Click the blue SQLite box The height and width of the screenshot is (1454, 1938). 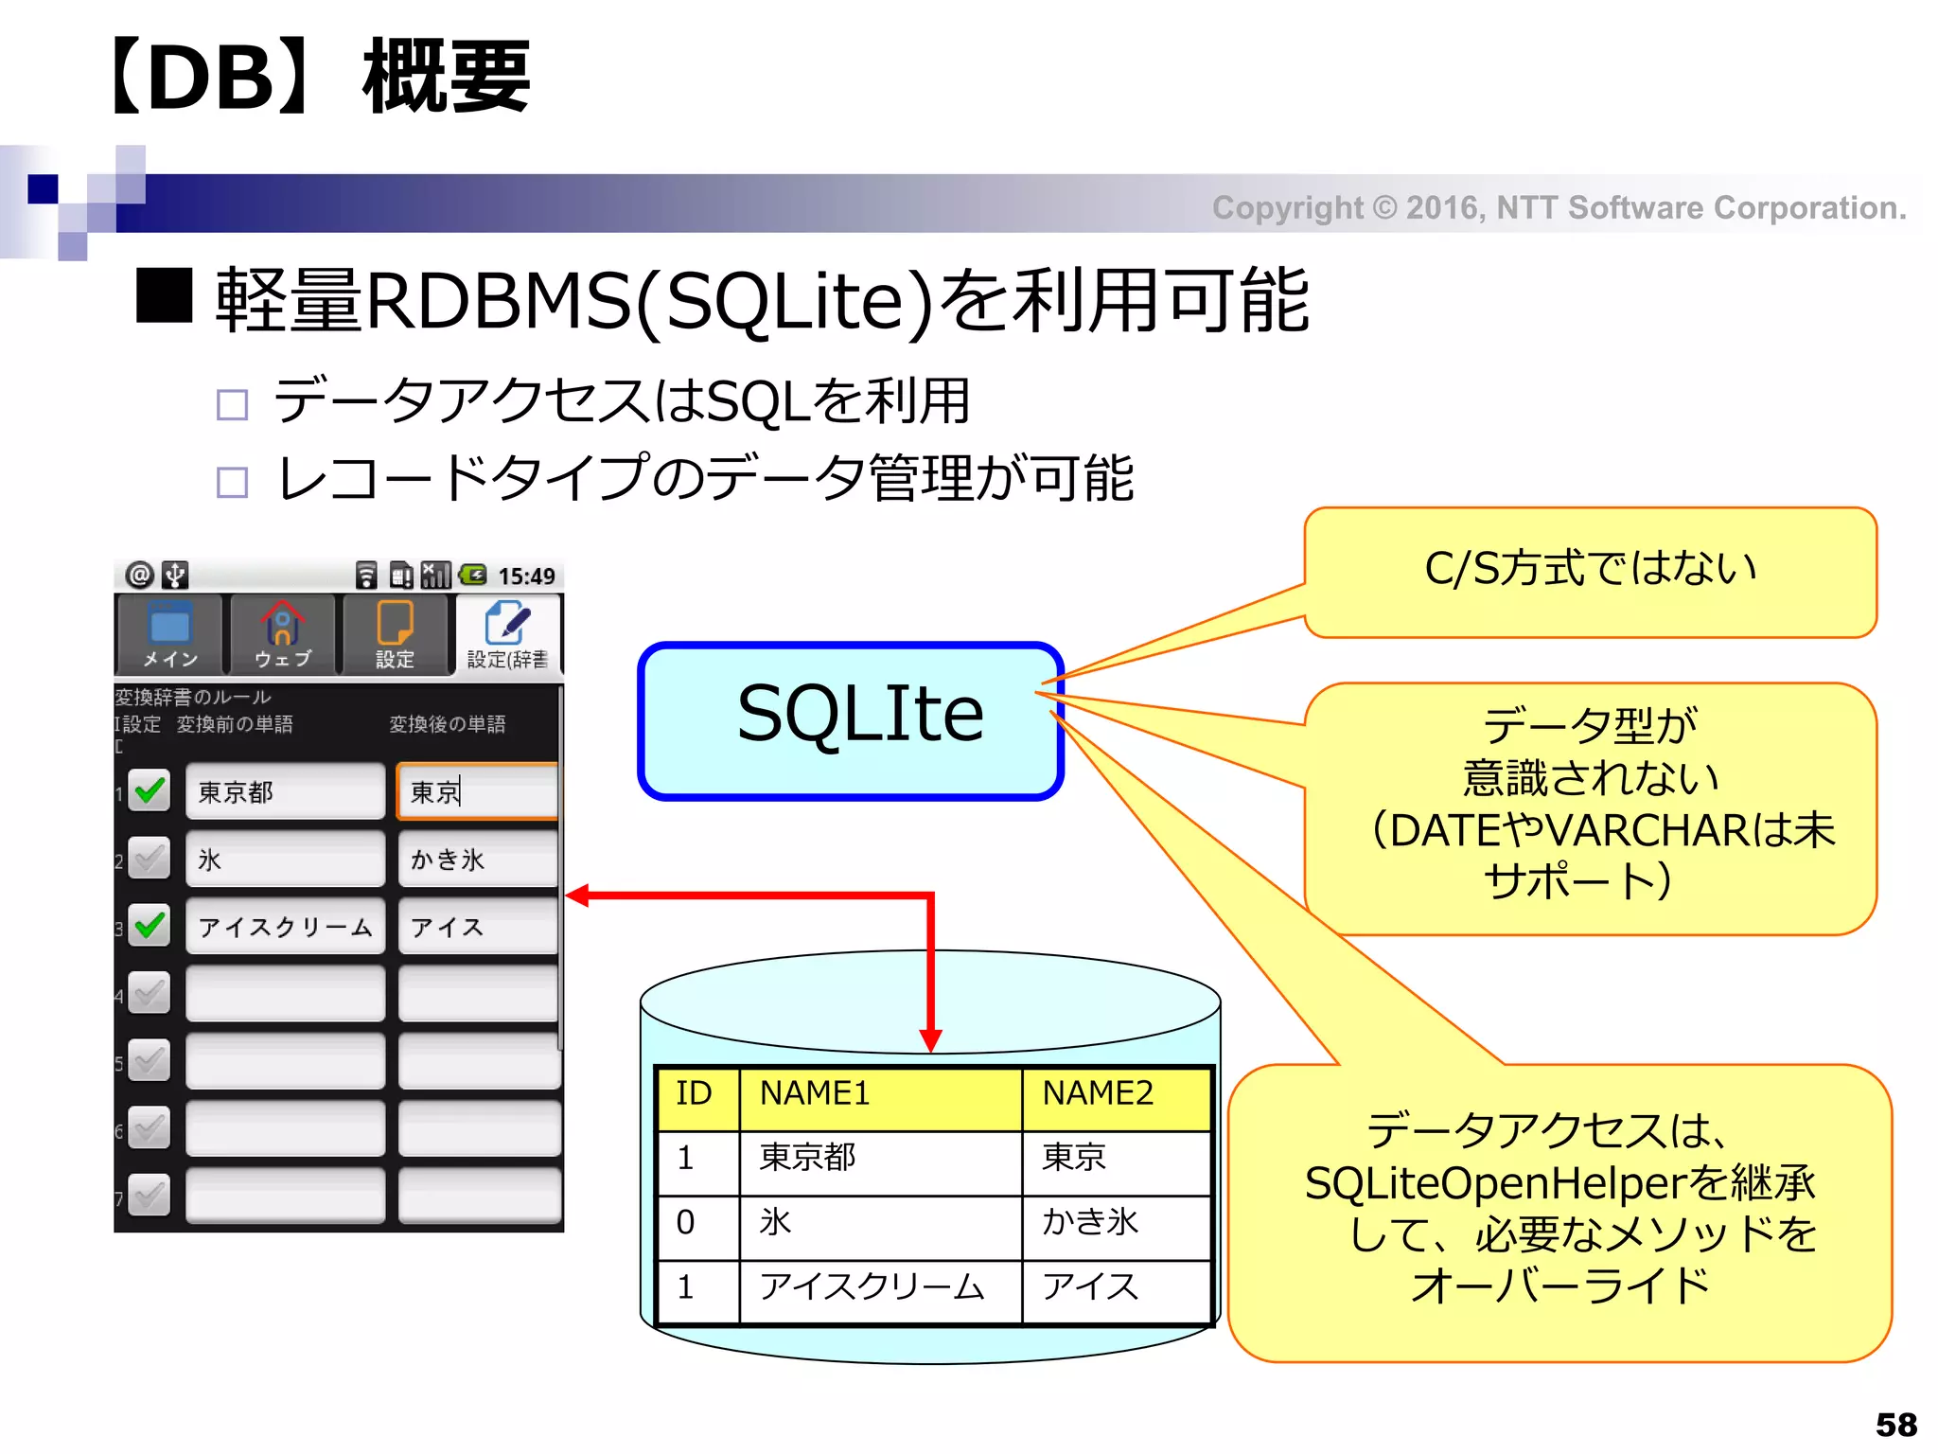click(850, 719)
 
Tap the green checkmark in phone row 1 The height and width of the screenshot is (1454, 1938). click(150, 790)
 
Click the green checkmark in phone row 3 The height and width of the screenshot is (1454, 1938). click(150, 925)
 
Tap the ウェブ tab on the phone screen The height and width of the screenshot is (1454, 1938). click(282, 634)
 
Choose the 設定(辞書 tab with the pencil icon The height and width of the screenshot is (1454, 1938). click(508, 634)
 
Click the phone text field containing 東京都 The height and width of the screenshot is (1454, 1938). click(285, 791)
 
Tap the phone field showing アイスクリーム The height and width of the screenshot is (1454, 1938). click(285, 927)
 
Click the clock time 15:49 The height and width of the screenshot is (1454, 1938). click(526, 576)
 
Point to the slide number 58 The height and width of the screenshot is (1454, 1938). click(1895, 1425)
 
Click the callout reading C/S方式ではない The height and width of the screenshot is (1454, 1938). click(1590, 571)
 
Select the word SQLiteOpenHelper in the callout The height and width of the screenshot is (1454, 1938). click(1494, 1184)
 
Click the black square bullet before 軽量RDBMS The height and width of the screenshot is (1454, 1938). click(164, 296)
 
